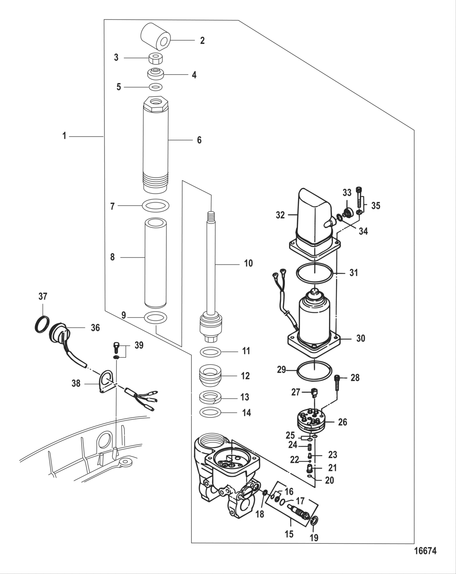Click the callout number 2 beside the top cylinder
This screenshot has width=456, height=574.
click(x=202, y=40)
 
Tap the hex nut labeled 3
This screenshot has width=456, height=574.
click(x=156, y=58)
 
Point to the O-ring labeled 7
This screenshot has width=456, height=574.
click(x=156, y=205)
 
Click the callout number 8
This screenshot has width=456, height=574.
click(x=112, y=257)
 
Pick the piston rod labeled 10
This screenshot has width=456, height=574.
click(x=212, y=265)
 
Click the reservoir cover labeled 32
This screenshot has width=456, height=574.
click(x=312, y=220)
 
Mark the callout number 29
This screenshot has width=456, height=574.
click(x=281, y=370)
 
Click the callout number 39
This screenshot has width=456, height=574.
click(x=139, y=345)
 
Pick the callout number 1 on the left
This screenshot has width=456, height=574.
click(x=64, y=136)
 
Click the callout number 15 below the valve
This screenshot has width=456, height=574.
click(x=289, y=534)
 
